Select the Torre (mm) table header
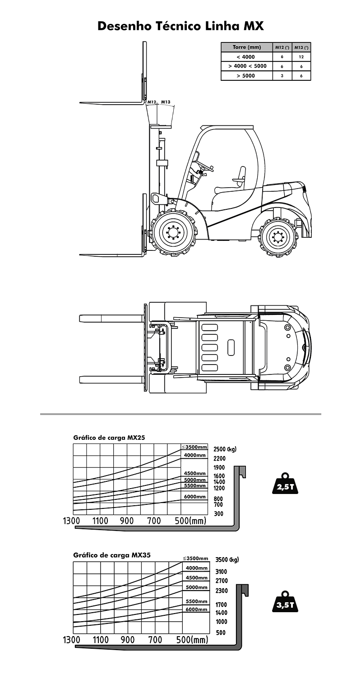247,47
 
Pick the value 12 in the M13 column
301,56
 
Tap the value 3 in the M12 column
282,76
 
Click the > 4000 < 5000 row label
247,66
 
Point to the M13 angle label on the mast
166,102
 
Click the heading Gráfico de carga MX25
109,438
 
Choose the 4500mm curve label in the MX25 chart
195,473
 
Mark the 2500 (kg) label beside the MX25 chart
225,449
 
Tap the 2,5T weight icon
285,484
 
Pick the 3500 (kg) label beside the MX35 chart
227,560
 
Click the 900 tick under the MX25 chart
127,521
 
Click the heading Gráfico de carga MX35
112,555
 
